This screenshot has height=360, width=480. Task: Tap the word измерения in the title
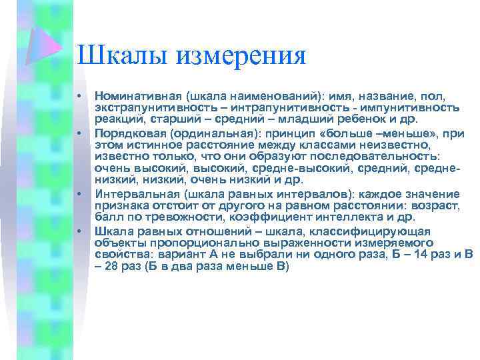tap(241, 55)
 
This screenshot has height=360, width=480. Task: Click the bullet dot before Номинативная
tap(79, 97)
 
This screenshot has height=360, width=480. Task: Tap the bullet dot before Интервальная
tap(79, 193)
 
